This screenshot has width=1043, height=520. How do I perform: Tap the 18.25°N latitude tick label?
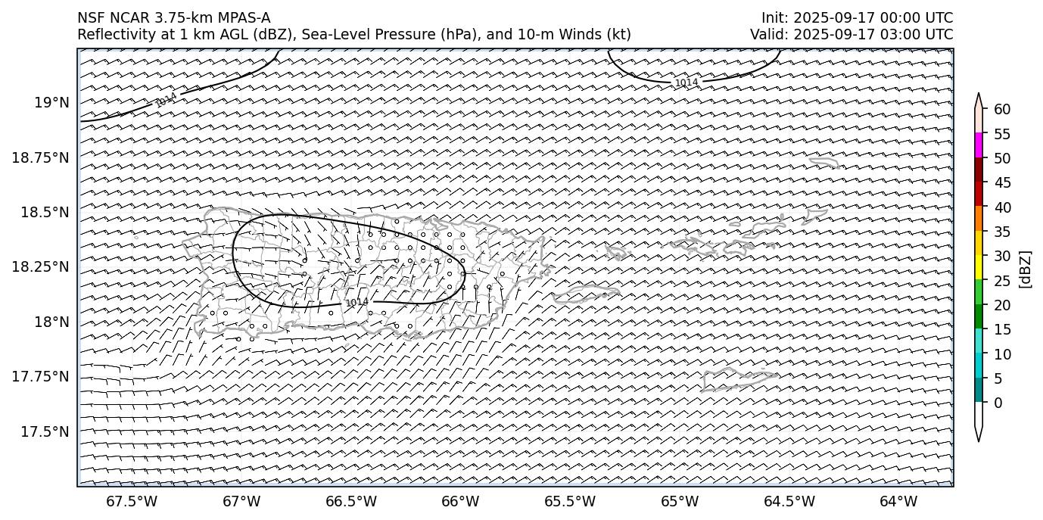pos(44,267)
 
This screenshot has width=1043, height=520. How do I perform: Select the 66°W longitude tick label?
pos(460,501)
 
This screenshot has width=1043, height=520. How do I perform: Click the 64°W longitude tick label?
pos(898,501)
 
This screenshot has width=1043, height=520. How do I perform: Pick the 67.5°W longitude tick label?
pos(132,501)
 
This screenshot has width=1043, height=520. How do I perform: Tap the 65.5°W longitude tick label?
pos(570,501)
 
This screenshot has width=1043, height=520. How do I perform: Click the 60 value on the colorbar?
pos(1002,110)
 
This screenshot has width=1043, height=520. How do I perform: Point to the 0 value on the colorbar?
pos(998,403)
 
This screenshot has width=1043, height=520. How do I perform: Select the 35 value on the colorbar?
pos(1002,232)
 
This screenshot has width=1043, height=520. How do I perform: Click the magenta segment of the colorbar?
pos(979,145)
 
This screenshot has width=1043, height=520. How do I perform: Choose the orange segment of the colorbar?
pos(979,219)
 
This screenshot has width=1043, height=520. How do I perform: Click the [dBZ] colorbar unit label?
pos(1026,269)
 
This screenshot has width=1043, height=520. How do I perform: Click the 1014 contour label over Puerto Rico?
pos(356,303)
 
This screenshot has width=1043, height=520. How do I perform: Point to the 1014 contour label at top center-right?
pos(687,82)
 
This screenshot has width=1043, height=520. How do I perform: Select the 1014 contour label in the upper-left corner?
pos(166,100)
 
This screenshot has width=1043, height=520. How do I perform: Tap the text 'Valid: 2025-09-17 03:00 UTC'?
pos(852,34)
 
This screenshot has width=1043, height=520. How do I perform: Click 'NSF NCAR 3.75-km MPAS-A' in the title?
pos(173,18)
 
